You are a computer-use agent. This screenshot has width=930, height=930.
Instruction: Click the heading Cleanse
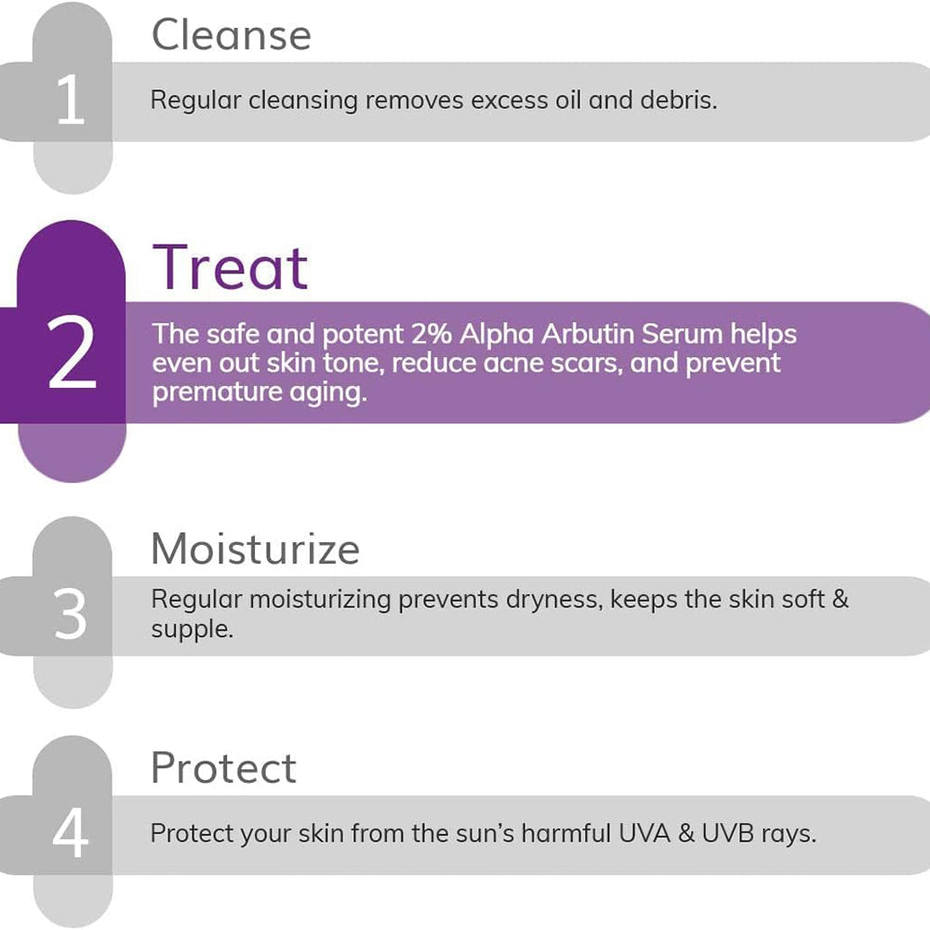coord(232,35)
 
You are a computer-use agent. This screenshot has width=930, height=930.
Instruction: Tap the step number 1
coord(72,100)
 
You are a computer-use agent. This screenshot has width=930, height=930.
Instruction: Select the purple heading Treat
coord(230,268)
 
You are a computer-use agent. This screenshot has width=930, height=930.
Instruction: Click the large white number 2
coord(72,352)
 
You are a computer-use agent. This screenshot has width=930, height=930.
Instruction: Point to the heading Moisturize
coord(256,549)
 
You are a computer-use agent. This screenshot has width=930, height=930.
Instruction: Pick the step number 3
coord(71,614)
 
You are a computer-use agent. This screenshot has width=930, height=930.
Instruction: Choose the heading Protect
coord(223,767)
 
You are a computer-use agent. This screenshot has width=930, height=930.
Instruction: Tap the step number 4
coord(71,833)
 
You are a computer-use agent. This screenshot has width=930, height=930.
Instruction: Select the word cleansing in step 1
coord(302,100)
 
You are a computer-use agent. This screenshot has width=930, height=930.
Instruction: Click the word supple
coord(193,630)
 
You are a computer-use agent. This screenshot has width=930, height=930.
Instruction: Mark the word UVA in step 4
coord(644,833)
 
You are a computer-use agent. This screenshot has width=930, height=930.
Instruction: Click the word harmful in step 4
coord(565,833)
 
